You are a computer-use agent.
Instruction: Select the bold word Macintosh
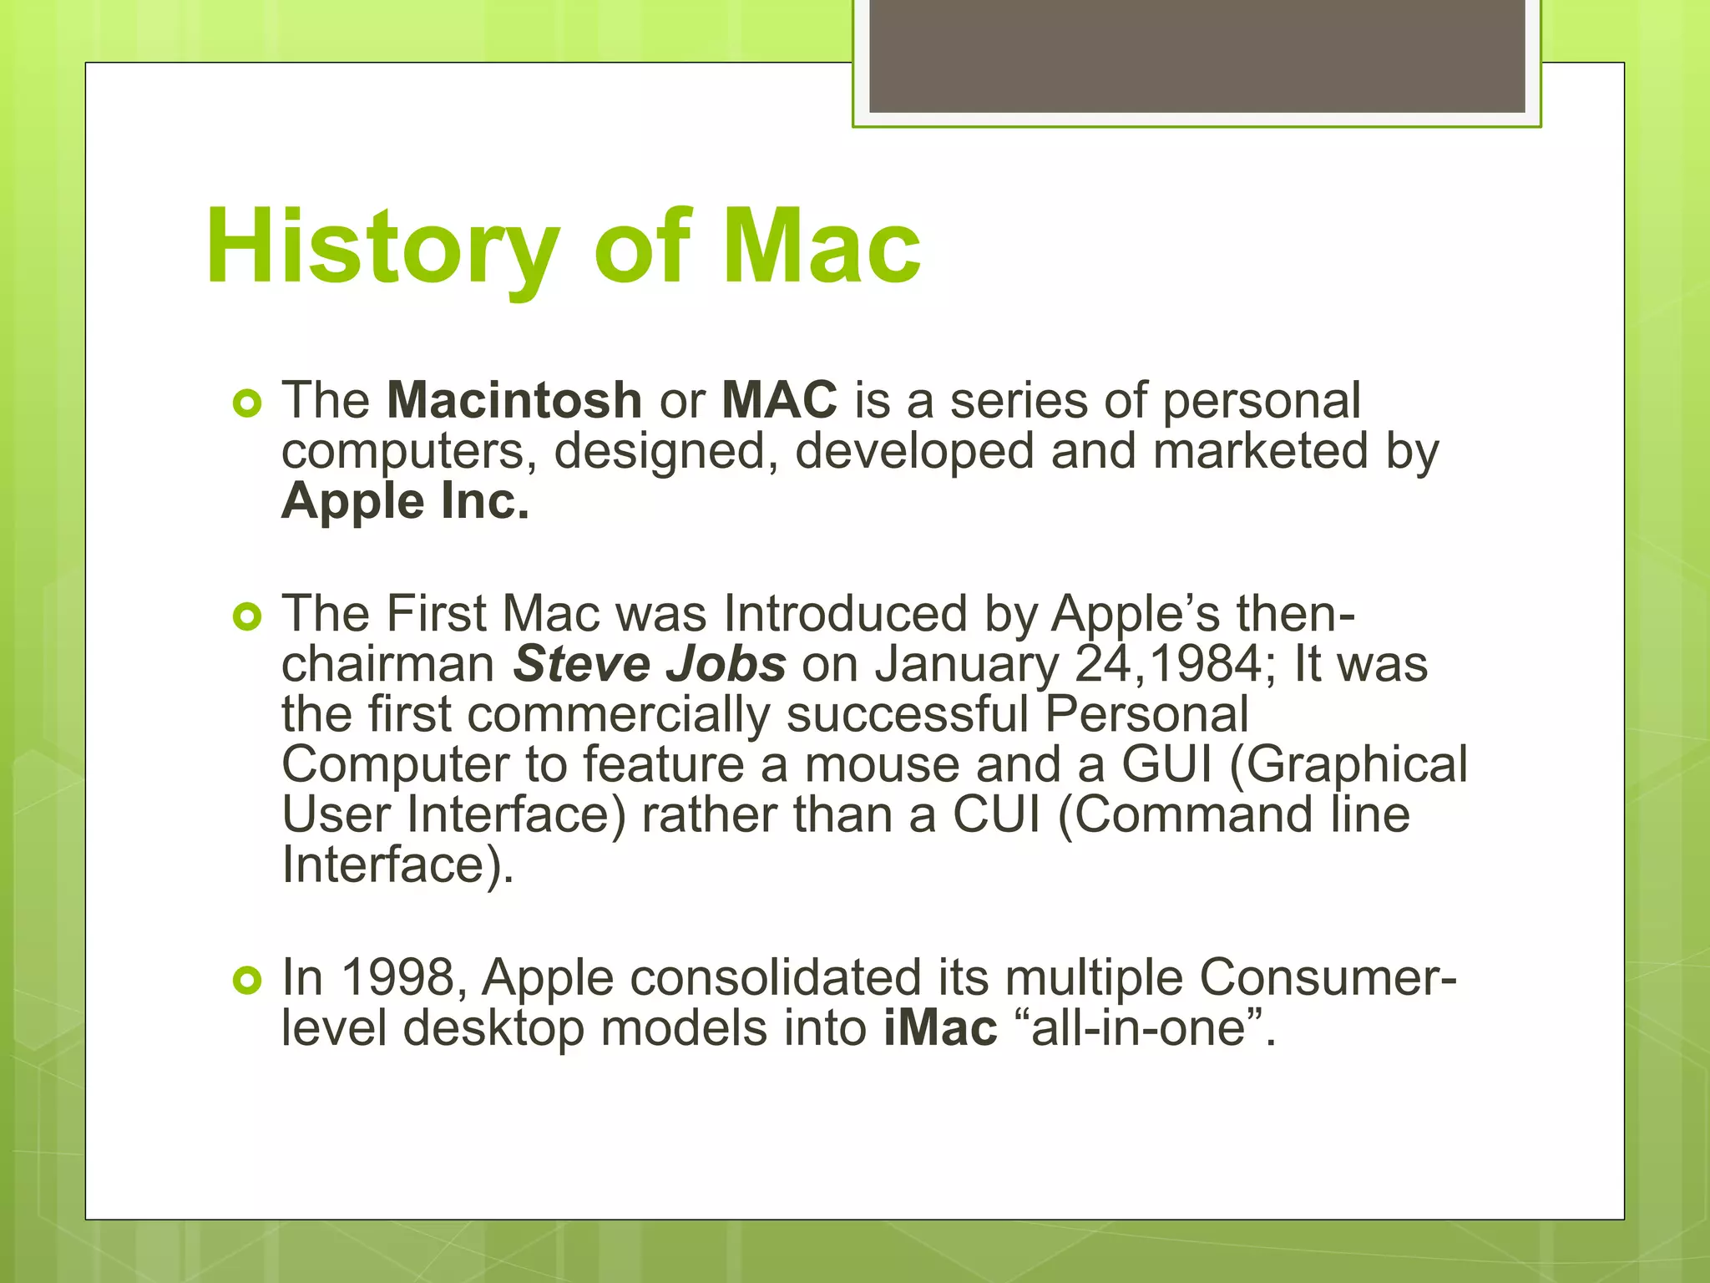point(514,400)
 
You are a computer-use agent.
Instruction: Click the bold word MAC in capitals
point(779,400)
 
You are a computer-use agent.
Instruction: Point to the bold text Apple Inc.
point(406,501)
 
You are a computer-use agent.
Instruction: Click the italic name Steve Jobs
point(650,664)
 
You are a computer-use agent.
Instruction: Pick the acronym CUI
point(997,814)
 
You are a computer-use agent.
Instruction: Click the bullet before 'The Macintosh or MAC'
point(248,404)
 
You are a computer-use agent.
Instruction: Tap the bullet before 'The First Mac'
point(248,617)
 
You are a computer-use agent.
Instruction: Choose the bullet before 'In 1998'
point(248,981)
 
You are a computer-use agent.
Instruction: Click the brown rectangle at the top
point(1196,55)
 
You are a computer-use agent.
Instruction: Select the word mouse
point(882,764)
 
